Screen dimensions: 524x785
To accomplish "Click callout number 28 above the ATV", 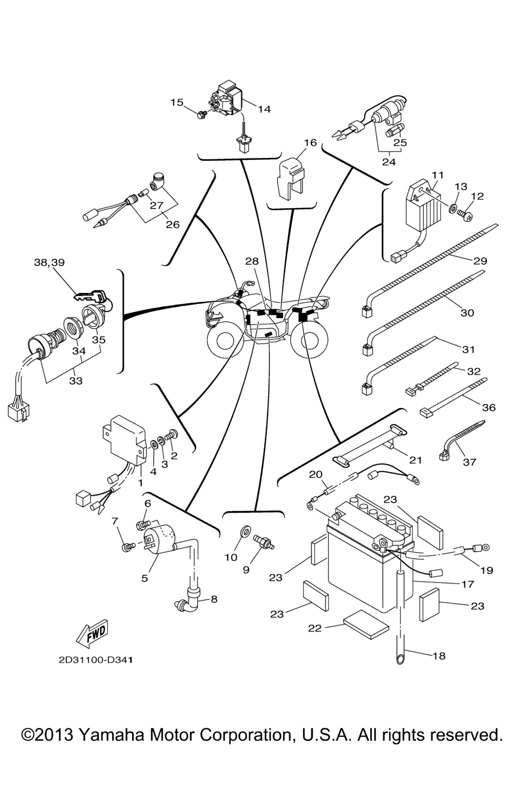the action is (252, 262).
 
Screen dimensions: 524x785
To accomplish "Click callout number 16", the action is (310, 143).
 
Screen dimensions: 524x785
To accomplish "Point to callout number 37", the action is (469, 462).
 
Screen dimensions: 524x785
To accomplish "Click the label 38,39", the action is (50, 263).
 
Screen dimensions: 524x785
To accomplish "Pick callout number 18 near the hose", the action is (439, 656).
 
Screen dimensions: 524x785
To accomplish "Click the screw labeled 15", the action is (203, 114).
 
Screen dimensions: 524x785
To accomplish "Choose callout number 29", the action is (480, 261).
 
